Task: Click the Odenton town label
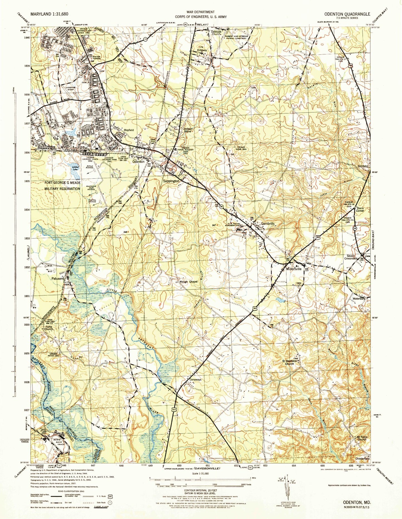pyautogui.click(x=138, y=162)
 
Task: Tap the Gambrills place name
pyautogui.click(x=268, y=224)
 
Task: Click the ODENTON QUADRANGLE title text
pyautogui.click(x=347, y=14)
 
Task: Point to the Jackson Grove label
pyautogui.click(x=188, y=130)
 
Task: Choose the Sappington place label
pyautogui.click(x=171, y=181)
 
